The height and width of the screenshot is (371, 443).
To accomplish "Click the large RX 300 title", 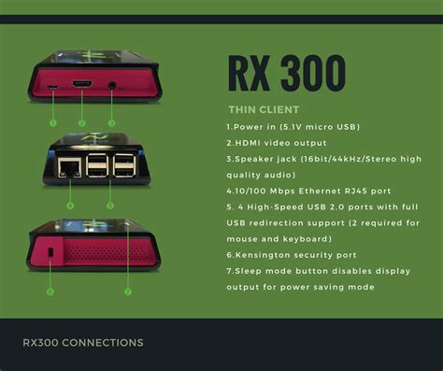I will coord(286,74).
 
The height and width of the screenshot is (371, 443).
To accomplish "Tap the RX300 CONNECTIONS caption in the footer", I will coord(83,343).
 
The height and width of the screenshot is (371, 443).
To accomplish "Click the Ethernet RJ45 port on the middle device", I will coord(68,167).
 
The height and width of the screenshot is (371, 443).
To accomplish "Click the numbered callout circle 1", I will coord(52,122).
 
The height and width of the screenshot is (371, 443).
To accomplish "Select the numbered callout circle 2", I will coord(81,122).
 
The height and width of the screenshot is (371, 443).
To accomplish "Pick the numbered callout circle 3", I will coord(111,122).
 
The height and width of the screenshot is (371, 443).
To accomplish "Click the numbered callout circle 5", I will coord(110,205).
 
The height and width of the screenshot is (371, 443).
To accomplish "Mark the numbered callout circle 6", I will coord(50,292).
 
